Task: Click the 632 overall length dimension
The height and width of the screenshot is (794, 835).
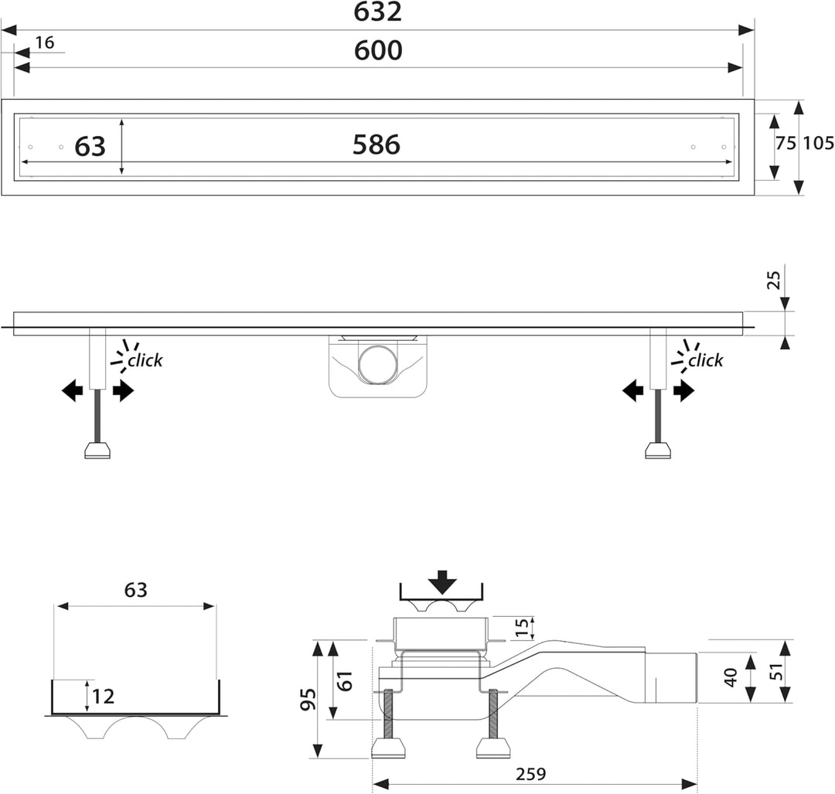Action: tap(377, 12)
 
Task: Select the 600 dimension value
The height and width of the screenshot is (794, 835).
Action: tap(378, 50)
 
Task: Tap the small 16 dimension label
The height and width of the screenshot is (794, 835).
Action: tap(45, 43)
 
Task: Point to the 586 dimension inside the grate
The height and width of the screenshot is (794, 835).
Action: tap(377, 145)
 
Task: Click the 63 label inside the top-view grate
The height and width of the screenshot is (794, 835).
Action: tap(90, 146)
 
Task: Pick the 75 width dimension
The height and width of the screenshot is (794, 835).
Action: tap(786, 143)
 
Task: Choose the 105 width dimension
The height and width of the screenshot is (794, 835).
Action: tap(819, 143)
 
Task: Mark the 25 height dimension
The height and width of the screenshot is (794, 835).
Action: tap(773, 280)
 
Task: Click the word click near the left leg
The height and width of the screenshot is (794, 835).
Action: tap(145, 360)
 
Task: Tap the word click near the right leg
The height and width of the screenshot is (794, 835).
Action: tap(706, 360)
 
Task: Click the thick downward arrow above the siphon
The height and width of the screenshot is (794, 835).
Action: tap(442, 582)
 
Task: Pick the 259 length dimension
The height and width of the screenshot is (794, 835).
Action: tap(531, 774)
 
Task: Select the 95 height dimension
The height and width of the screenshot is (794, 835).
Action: tap(308, 699)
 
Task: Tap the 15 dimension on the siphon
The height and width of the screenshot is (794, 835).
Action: tap(522, 627)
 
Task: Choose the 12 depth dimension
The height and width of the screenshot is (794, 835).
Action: tap(104, 696)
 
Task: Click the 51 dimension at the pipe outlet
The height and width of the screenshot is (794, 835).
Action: tap(778, 671)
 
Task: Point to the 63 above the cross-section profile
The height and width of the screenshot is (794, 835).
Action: tap(136, 590)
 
